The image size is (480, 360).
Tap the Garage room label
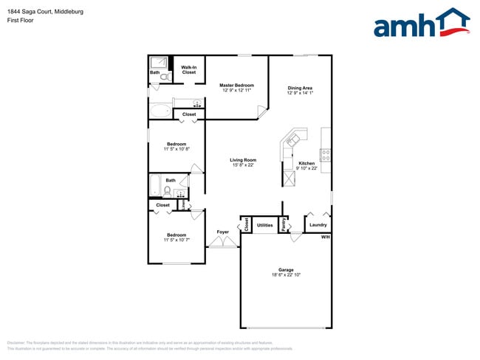click(x=286, y=269)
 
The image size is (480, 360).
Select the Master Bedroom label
click(x=236, y=86)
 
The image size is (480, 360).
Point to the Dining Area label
click(x=300, y=89)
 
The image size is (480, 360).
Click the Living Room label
click(x=243, y=160)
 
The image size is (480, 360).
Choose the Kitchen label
click(x=306, y=163)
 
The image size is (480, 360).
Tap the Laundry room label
click(x=318, y=225)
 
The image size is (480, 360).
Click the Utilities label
click(x=265, y=225)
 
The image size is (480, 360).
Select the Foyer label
click(x=222, y=232)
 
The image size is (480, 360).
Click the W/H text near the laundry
click(x=325, y=237)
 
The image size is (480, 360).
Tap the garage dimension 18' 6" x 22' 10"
click(x=286, y=275)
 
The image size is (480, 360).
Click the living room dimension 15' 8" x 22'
click(x=243, y=165)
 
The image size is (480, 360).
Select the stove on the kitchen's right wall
click(x=326, y=155)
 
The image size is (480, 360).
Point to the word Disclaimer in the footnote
click(x=16, y=343)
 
